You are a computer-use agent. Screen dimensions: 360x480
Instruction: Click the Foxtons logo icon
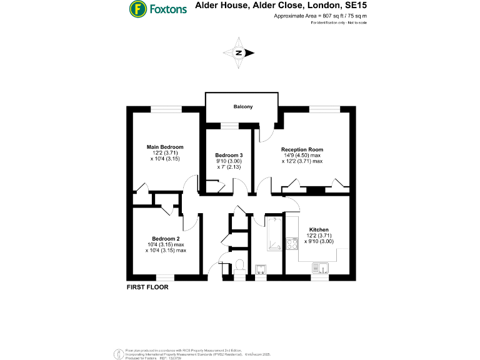(137, 9)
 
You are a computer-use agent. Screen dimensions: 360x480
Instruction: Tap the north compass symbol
(239, 53)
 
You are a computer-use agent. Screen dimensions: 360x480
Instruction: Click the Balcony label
(243, 107)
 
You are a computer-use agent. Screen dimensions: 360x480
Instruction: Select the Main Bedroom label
(165, 147)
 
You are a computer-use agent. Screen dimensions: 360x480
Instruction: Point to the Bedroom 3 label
(228, 155)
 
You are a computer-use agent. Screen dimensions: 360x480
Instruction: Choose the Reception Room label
(302, 149)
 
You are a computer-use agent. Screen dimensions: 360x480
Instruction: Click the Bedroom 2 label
(166, 239)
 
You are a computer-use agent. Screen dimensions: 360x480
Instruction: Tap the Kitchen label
(319, 230)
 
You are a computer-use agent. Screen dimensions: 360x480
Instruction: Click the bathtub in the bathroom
(274, 234)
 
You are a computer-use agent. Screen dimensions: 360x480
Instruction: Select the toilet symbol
(241, 266)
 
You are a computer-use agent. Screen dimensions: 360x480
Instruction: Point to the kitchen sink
(319, 268)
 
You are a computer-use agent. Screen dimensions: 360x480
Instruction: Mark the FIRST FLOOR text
(147, 288)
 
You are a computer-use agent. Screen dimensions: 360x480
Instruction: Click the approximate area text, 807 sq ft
(320, 16)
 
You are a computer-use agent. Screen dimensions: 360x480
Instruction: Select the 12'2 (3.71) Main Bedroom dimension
(165, 153)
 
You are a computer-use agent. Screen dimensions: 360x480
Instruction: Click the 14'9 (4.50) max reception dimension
(302, 156)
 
